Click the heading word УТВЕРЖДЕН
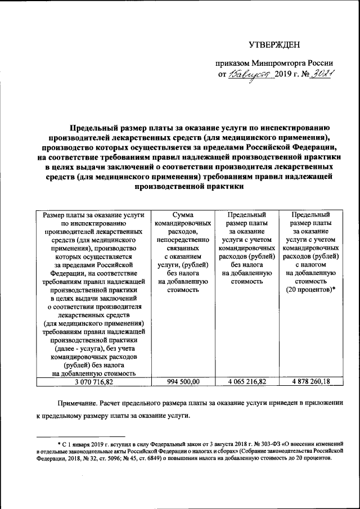point(275,44)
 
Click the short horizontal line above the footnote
point(73,436)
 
